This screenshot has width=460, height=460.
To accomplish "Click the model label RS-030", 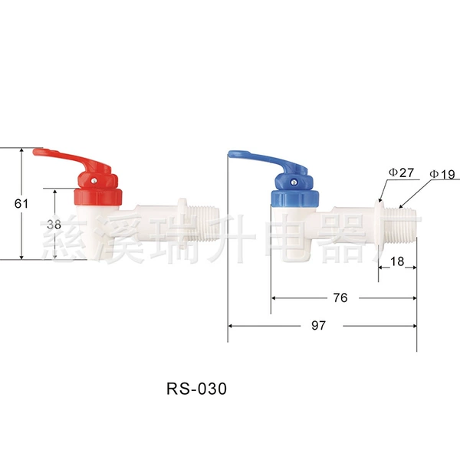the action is [196, 389].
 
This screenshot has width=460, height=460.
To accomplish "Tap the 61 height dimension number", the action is [21, 203].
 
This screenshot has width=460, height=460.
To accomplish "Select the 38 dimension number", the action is [54, 225].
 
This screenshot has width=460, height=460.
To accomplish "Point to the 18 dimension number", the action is [397, 261].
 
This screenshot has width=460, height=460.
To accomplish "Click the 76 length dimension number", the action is [340, 297].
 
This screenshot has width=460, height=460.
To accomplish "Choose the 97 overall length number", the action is [319, 325].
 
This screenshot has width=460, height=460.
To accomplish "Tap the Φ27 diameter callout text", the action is [401, 172].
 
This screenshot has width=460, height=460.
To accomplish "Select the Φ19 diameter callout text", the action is [442, 174].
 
